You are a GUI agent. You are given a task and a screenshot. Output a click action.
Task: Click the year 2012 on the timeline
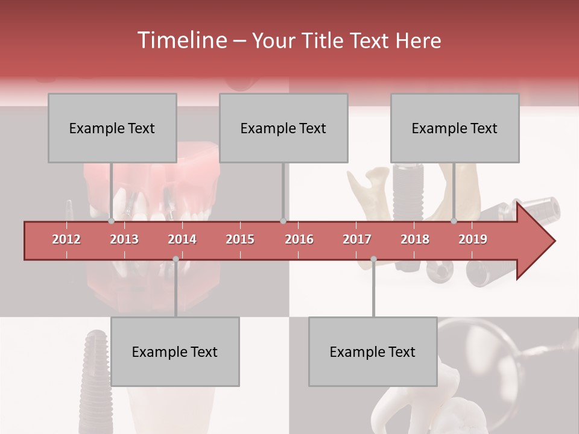pyautogui.click(x=66, y=239)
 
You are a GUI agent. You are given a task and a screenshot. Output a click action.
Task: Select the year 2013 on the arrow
pyautogui.click(x=124, y=239)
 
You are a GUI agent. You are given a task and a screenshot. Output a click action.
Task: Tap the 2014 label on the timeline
pyautogui.click(x=182, y=239)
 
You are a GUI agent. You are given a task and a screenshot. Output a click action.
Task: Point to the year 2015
pyautogui.click(x=240, y=239)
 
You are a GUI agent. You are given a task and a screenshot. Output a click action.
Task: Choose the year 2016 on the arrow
pyautogui.click(x=299, y=239)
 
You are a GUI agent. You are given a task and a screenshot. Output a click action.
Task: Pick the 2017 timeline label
pyautogui.click(x=357, y=239)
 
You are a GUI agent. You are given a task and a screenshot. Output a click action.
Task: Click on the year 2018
pyautogui.click(x=415, y=239)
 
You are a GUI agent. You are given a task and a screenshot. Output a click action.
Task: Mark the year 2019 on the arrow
pyautogui.click(x=473, y=239)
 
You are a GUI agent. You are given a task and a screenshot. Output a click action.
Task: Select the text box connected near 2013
pyautogui.click(x=112, y=128)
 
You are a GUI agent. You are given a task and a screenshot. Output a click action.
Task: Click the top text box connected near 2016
pyautogui.click(x=283, y=128)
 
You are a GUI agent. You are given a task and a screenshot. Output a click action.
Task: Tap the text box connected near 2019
pyautogui.click(x=455, y=128)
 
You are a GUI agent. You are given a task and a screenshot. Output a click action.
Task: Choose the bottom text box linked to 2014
pyautogui.click(x=175, y=351)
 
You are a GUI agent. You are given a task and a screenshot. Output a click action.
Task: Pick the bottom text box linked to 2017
pyautogui.click(x=373, y=351)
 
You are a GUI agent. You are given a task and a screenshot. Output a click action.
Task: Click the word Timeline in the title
pyautogui.click(x=180, y=40)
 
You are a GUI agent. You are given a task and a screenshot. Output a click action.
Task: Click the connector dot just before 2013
pyautogui.click(x=112, y=221)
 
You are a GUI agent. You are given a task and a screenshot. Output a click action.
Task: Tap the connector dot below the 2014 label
pyautogui.click(x=176, y=259)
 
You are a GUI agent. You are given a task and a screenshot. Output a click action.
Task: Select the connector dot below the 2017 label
pyautogui.click(x=373, y=259)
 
